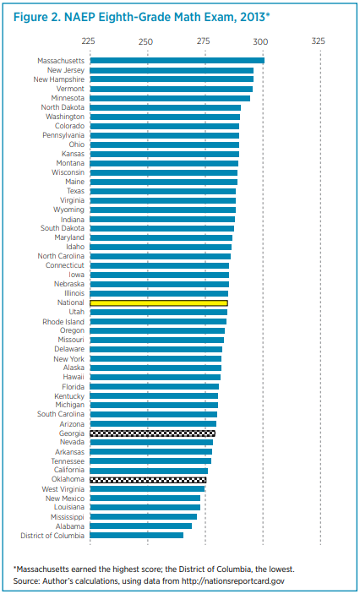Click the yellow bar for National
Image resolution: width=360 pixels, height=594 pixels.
click(x=159, y=302)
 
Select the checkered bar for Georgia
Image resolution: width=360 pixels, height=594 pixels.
click(x=152, y=433)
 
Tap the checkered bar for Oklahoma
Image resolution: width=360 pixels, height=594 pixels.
click(x=148, y=480)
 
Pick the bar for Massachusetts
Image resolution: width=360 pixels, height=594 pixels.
click(x=177, y=60)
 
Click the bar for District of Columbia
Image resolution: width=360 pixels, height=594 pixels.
click(x=137, y=536)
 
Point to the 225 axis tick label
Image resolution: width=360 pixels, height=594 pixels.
click(x=88, y=41)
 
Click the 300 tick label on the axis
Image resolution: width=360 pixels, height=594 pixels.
click(x=261, y=41)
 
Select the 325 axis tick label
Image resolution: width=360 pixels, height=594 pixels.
click(x=319, y=41)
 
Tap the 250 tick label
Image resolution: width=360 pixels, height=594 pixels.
click(x=146, y=41)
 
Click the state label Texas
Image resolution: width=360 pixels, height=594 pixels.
click(x=75, y=191)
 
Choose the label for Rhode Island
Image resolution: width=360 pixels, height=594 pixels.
click(x=63, y=322)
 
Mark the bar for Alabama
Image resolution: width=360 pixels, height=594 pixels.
click(x=141, y=526)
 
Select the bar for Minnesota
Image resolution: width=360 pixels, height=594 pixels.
click(x=170, y=98)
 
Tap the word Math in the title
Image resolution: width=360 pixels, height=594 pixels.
click(x=175, y=18)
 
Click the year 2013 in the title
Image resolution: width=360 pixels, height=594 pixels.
click(x=254, y=18)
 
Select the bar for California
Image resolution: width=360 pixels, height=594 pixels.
click(x=149, y=471)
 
